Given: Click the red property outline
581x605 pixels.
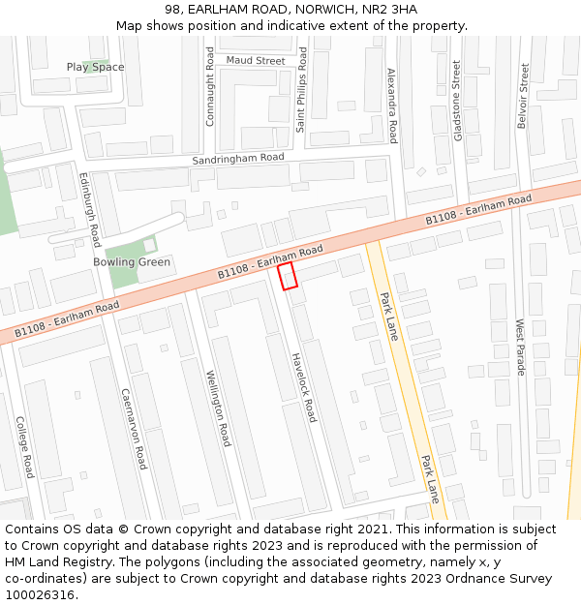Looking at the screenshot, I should pyautogui.click(x=287, y=276).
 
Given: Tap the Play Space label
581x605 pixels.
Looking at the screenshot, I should pyautogui.click(x=95, y=67).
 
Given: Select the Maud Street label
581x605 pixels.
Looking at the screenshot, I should pyautogui.click(x=256, y=60).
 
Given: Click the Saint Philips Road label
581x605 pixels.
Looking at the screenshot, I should pyautogui.click(x=302, y=89).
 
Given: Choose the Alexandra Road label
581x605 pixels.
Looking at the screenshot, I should pyautogui.click(x=392, y=106).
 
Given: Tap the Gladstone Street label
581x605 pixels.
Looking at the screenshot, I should pyautogui.click(x=457, y=101).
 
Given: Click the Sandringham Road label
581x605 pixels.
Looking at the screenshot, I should pyautogui.click(x=238, y=158).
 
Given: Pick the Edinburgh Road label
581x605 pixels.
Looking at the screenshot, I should pyautogui.click(x=89, y=209).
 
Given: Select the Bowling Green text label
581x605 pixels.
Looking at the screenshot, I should pyautogui.click(x=132, y=262).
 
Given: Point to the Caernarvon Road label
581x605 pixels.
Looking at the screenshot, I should pyautogui.click(x=133, y=429).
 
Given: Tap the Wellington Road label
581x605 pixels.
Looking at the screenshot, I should pyautogui.click(x=219, y=407).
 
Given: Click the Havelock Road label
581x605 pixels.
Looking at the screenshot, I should pyautogui.click(x=304, y=387).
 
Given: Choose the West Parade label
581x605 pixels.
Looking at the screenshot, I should pyautogui.click(x=520, y=348).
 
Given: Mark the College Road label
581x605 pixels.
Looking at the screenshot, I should pyautogui.click(x=25, y=447).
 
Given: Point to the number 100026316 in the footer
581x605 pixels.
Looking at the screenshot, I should pyautogui.click(x=38, y=594).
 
